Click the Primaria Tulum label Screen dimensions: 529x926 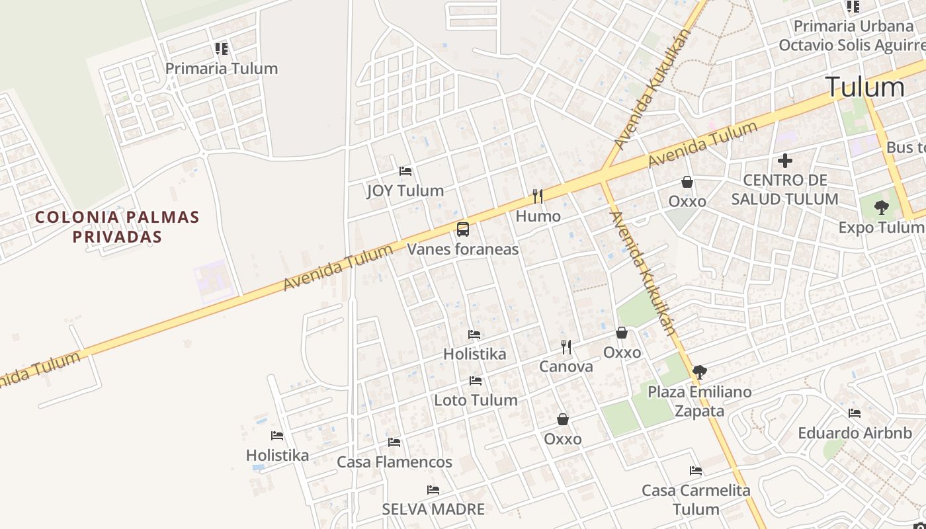[221, 69]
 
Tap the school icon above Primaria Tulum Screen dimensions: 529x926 [221, 49]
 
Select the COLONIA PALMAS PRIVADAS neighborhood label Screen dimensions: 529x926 [117, 227]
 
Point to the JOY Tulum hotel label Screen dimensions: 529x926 [405, 191]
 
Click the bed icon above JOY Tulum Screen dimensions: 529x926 [405, 171]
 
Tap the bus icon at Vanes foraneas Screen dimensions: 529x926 [463, 229]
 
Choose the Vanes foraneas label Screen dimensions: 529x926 [463, 249]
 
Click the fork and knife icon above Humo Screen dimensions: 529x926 [538, 196]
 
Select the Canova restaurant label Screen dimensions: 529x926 [566, 366]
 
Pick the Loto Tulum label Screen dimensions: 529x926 [476, 400]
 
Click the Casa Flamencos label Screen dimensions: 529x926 [395, 462]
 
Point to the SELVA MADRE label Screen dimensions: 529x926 [433, 509]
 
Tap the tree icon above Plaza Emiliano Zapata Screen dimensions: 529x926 [699, 372]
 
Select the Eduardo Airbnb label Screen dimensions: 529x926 [855, 434]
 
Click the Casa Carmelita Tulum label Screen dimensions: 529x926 [696, 500]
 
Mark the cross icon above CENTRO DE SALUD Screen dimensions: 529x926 [785, 161]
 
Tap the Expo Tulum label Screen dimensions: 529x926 [881, 227]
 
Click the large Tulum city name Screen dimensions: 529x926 [864, 87]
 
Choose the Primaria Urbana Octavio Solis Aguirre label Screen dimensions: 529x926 [853, 36]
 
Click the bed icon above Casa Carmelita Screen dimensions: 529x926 [696, 471]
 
